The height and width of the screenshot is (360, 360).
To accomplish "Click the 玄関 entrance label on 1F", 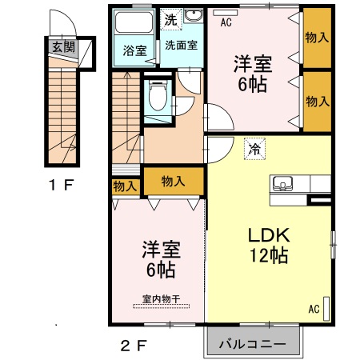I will (64, 46).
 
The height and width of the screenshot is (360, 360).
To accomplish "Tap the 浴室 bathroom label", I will (134, 50).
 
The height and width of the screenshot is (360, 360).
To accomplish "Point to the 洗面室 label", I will (182, 46).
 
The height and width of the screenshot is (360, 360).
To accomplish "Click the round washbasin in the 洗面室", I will (194, 18).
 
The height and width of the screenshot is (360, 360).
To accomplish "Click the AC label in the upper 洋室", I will (226, 22).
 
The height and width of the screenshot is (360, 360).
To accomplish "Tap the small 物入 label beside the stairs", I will (124, 186).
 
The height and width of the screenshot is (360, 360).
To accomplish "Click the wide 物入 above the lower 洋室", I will (173, 181).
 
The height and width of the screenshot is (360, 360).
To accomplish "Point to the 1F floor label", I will (60, 186).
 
